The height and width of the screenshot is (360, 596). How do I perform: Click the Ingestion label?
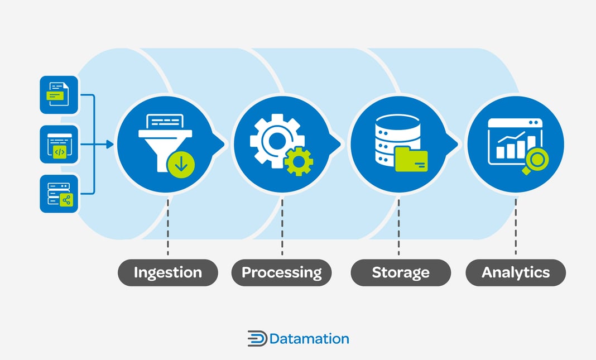(167, 272)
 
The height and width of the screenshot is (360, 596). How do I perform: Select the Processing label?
(281, 272)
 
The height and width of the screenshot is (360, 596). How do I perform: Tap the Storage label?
(400, 272)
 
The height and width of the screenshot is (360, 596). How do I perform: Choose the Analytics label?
(515, 272)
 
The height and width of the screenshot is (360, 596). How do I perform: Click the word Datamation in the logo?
(309, 339)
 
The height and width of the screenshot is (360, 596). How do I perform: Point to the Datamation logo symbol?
(257, 339)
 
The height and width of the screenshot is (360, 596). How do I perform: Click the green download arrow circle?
(181, 164)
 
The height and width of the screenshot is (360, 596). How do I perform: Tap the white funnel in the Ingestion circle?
(162, 140)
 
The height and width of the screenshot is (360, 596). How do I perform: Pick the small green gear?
(298, 161)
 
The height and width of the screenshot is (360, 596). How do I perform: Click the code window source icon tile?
(59, 144)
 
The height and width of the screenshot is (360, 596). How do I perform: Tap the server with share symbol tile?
(59, 194)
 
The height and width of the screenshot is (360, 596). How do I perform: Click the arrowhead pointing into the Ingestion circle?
(109, 145)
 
